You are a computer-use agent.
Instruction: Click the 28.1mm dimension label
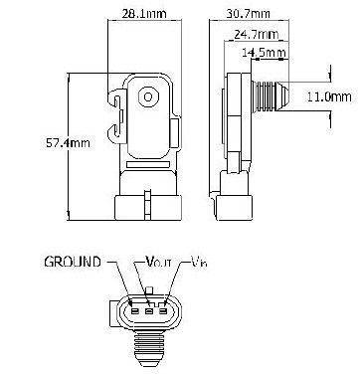144,14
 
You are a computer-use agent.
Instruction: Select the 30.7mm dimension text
248,14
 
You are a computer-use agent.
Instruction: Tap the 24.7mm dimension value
257,34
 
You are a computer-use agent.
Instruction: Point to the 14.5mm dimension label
264,52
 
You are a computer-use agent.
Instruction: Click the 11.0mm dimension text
329,96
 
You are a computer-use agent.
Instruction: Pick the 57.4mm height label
68,143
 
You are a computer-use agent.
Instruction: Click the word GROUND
73,262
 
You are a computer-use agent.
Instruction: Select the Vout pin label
159,262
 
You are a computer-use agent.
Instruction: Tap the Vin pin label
199,262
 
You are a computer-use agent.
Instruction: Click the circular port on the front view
148,96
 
